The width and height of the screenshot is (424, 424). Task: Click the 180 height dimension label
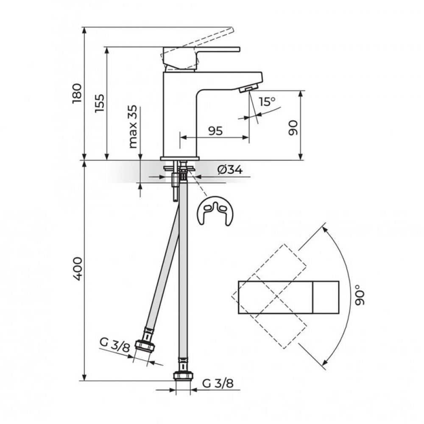tap(77, 94)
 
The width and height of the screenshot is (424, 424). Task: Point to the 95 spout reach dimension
tap(215, 131)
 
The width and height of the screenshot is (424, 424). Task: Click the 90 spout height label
tap(293, 128)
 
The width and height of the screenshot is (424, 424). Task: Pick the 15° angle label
tap(267, 101)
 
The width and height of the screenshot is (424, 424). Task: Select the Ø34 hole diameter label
tap(230, 170)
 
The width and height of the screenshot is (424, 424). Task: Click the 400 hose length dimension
tap(77, 269)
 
